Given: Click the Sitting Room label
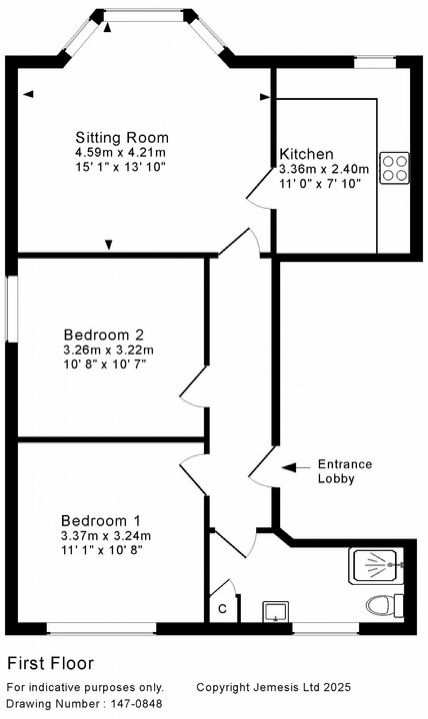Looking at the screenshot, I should pyautogui.click(x=122, y=138).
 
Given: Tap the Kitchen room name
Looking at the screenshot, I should pyautogui.click(x=306, y=154).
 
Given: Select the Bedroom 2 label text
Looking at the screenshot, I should pyautogui.click(x=104, y=335).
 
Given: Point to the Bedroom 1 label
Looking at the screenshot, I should pyautogui.click(x=101, y=521).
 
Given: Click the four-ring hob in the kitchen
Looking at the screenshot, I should pyautogui.click(x=394, y=168).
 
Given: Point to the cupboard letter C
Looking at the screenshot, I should pyautogui.click(x=222, y=609).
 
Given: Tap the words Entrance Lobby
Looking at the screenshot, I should pyautogui.click(x=344, y=471).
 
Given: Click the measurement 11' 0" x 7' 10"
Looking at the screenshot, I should pyautogui.click(x=320, y=184).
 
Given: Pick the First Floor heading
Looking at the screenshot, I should pyautogui.click(x=50, y=664).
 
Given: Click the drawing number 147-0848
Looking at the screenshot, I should pyautogui.click(x=136, y=703).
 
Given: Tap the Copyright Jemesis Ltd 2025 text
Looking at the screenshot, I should pyautogui.click(x=273, y=687).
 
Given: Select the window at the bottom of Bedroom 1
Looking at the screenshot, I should pyautogui.click(x=101, y=628).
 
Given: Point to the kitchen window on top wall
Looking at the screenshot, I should pyautogui.click(x=375, y=62).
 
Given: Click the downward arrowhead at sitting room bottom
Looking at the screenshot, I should pyautogui.click(x=109, y=244).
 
